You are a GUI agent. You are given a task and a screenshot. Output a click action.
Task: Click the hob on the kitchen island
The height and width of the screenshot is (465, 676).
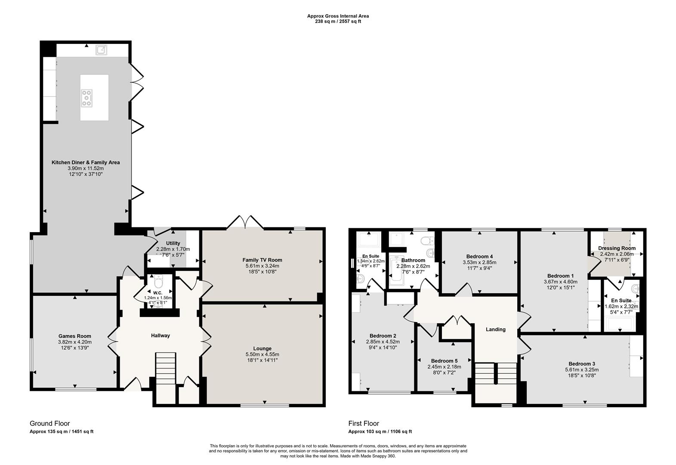87,98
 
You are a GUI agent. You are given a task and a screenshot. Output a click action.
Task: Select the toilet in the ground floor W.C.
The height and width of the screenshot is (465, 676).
158,282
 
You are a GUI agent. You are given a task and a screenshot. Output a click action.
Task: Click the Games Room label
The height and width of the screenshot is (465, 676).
74,336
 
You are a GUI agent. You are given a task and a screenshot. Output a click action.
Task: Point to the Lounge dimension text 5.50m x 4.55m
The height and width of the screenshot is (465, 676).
262,354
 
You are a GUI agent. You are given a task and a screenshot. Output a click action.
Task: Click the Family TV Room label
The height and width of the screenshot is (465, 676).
262,260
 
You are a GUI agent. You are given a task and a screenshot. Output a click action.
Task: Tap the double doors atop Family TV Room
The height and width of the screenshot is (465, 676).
245,221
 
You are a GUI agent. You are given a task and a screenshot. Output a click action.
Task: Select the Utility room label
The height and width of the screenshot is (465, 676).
173,243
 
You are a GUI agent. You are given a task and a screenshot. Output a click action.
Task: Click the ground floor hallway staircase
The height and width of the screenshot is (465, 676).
166,368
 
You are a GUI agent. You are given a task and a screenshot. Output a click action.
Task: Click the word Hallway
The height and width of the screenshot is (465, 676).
160,335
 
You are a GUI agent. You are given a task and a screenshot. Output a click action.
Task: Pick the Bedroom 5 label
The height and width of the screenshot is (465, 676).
444,361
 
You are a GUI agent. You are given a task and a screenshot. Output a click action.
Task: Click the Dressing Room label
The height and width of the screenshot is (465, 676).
617,248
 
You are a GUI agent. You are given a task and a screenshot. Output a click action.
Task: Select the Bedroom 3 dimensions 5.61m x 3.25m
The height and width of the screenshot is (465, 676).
582,369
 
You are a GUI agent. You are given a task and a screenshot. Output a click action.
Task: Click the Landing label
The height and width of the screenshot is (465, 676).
495,329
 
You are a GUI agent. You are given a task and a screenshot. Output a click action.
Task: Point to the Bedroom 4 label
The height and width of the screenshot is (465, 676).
479,256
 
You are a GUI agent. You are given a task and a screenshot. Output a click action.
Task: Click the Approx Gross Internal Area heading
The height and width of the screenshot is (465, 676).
338,16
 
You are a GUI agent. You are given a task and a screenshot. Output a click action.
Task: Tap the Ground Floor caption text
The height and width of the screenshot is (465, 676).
49,423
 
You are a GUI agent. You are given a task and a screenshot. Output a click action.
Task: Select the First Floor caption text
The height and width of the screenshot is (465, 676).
364,423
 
